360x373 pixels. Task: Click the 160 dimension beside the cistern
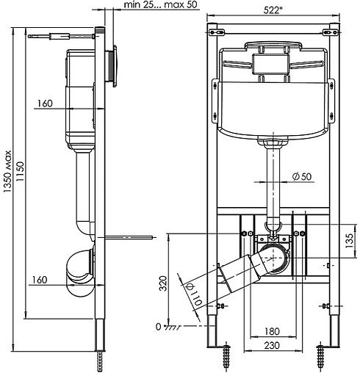coord(44,104)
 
